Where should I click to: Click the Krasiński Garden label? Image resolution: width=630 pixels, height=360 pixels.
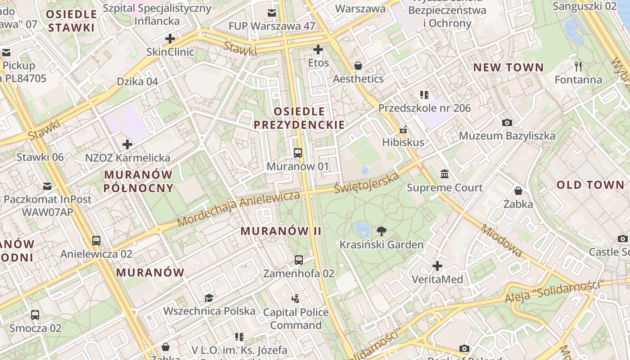point(381,245)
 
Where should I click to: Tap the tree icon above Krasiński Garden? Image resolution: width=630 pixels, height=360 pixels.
point(382,232)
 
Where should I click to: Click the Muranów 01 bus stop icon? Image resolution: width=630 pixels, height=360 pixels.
point(297,153)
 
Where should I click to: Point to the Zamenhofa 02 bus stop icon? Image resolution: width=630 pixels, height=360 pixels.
point(298,260)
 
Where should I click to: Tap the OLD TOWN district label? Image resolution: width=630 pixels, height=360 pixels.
point(590,185)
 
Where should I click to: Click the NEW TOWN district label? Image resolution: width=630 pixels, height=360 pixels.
point(508,68)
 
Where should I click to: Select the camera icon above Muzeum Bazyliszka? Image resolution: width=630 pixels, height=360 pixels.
point(507,122)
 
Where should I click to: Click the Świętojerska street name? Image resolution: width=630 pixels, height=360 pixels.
point(367,182)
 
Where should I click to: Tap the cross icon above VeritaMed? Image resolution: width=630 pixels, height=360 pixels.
point(437,266)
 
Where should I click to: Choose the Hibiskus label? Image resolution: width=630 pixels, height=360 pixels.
point(403,142)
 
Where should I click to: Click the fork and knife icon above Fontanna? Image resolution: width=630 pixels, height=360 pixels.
point(578,67)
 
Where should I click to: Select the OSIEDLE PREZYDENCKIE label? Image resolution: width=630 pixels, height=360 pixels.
point(299,118)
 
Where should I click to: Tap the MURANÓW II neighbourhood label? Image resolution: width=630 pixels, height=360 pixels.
point(281,231)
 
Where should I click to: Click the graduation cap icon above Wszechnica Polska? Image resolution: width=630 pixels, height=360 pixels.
point(209,298)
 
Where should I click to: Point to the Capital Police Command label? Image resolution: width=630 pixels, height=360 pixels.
point(296,318)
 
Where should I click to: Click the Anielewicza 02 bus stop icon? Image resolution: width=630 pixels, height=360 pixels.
point(96,240)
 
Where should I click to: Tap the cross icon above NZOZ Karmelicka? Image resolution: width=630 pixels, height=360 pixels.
point(127,144)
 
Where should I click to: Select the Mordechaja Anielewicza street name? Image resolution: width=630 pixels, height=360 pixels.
point(238,208)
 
